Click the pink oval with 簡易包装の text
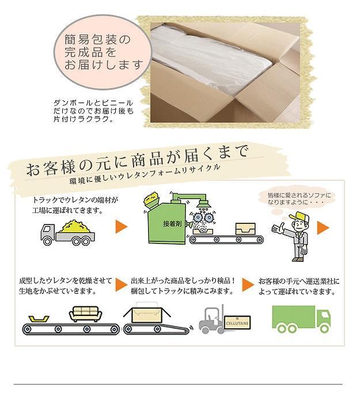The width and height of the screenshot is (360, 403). click(102, 52)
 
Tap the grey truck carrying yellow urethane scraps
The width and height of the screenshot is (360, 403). click(67, 233)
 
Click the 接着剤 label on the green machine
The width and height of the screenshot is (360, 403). click(172, 224)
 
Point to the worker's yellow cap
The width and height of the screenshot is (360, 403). click(300, 218)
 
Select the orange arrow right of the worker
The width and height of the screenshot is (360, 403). click(323, 228)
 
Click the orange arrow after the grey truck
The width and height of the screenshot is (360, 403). click(122, 227)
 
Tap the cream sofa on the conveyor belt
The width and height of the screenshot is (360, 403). click(86, 314)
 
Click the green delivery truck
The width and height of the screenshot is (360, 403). click(301, 319)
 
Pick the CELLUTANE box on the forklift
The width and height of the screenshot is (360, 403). click(237, 322)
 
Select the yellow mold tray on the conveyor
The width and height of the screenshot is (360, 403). click(39, 319)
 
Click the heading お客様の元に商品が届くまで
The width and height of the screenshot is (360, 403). click(138, 160)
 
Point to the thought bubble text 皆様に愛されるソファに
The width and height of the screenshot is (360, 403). click(299, 195)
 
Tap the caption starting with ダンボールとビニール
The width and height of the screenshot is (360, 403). click(93, 111)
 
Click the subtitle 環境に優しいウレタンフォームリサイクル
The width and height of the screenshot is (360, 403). click(145, 174)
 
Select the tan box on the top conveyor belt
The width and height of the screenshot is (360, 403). click(245, 229)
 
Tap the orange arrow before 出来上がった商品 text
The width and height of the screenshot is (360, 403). click(121, 284)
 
